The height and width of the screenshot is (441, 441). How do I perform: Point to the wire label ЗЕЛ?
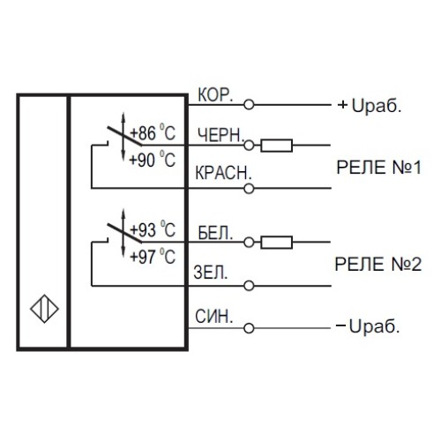(212, 273)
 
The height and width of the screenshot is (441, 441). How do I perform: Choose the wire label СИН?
(213, 316)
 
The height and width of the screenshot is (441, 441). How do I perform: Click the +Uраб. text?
(370, 104)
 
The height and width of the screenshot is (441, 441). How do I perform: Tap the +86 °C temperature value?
(153, 134)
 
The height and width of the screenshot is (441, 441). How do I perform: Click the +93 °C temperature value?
(153, 231)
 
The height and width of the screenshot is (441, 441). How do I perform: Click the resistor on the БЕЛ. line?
(279, 241)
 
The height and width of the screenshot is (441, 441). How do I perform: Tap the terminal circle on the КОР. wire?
(250, 104)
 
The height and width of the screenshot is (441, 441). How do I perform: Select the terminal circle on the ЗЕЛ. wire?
(250, 285)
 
